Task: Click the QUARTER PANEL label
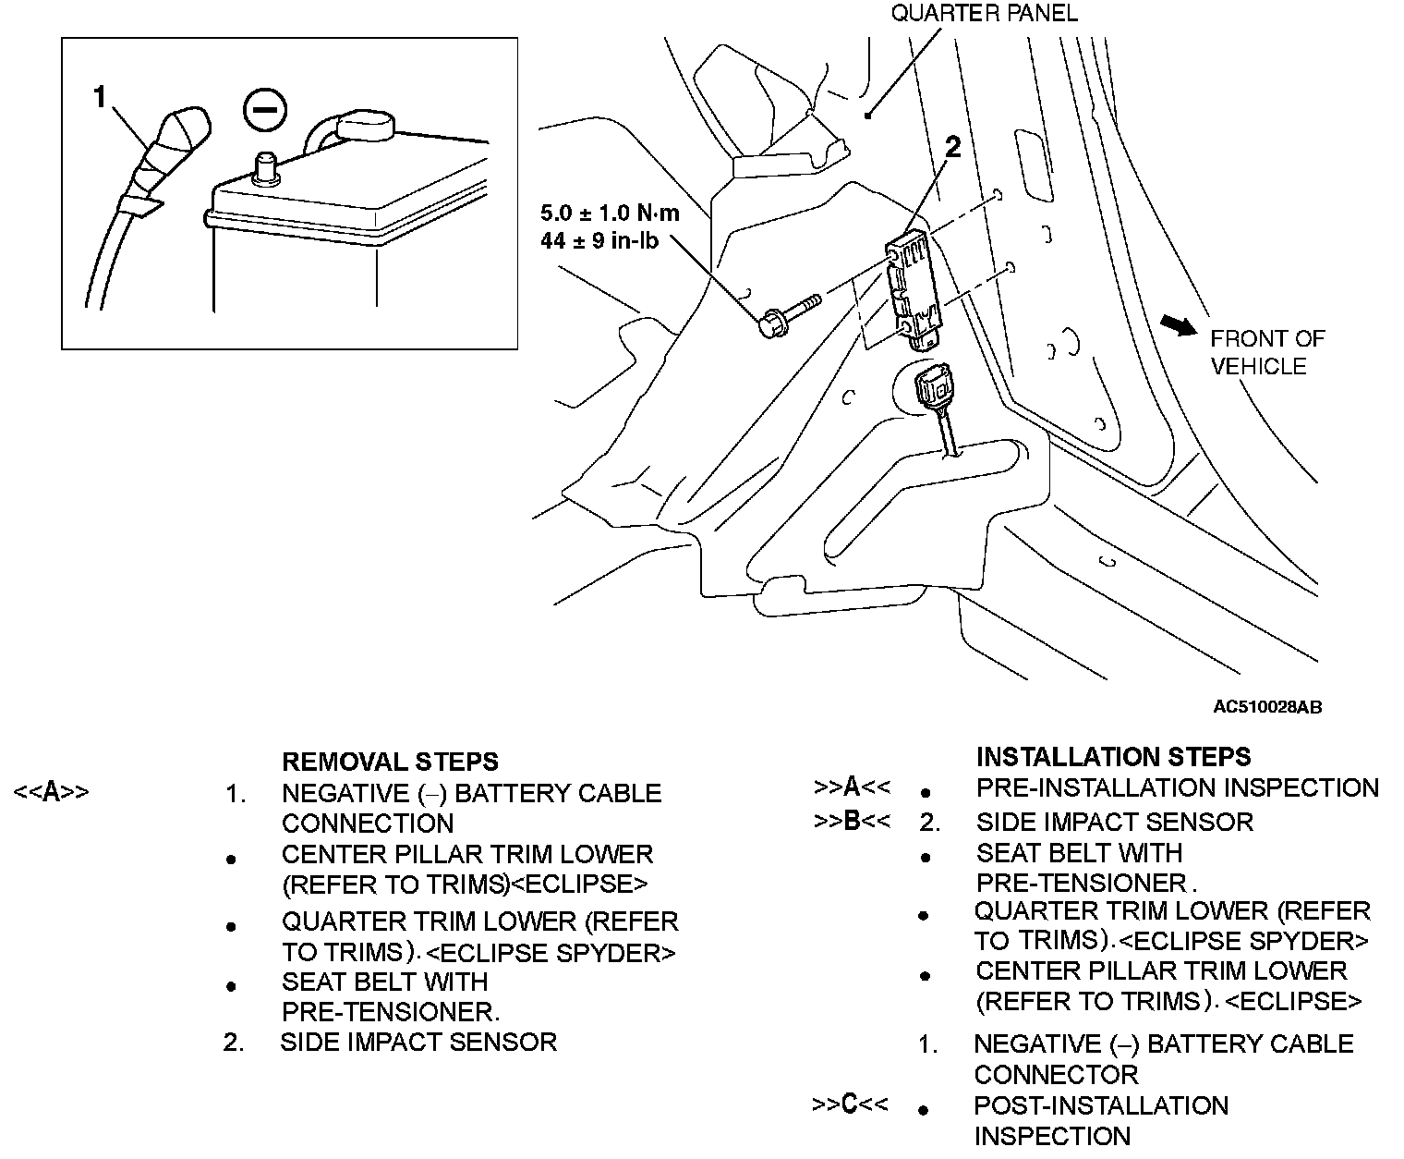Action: click(984, 13)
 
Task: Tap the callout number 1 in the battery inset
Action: click(101, 97)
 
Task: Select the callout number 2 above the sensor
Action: click(952, 147)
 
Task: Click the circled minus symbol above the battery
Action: click(264, 109)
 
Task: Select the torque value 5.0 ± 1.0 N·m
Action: click(610, 213)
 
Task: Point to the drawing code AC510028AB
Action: click(1267, 708)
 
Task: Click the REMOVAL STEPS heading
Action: click(389, 762)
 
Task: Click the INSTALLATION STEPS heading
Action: click(1113, 756)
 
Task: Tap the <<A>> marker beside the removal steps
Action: click(51, 793)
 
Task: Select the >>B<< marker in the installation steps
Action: click(852, 821)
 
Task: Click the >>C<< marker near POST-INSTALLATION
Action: click(850, 1104)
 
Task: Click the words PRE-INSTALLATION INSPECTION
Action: click(1177, 787)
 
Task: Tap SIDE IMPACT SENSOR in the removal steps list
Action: click(418, 1043)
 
